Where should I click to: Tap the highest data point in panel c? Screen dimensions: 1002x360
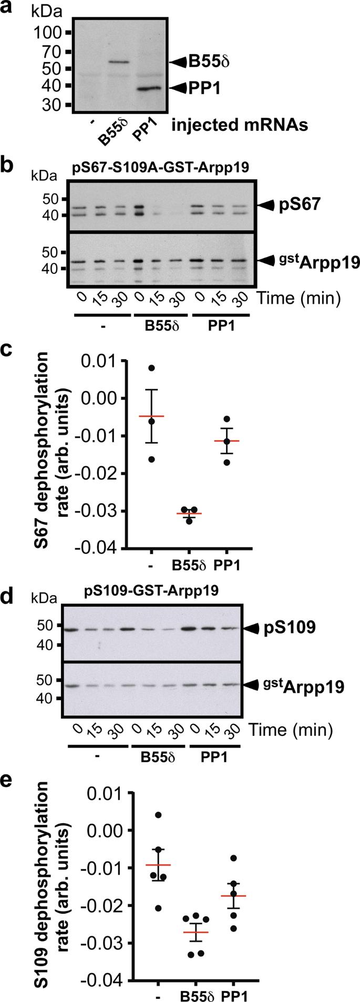[151, 368]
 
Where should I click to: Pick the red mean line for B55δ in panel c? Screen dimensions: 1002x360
[189, 514]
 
